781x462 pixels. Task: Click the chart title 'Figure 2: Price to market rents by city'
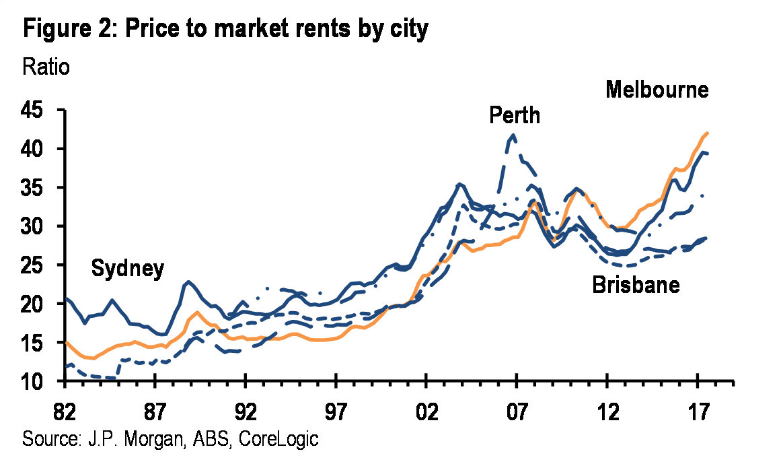225,30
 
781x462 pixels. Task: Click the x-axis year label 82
65,409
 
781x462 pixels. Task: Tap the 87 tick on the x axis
155,409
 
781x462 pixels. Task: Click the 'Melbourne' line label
657,90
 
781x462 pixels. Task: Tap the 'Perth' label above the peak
515,115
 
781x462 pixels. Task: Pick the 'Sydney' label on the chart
127,269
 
